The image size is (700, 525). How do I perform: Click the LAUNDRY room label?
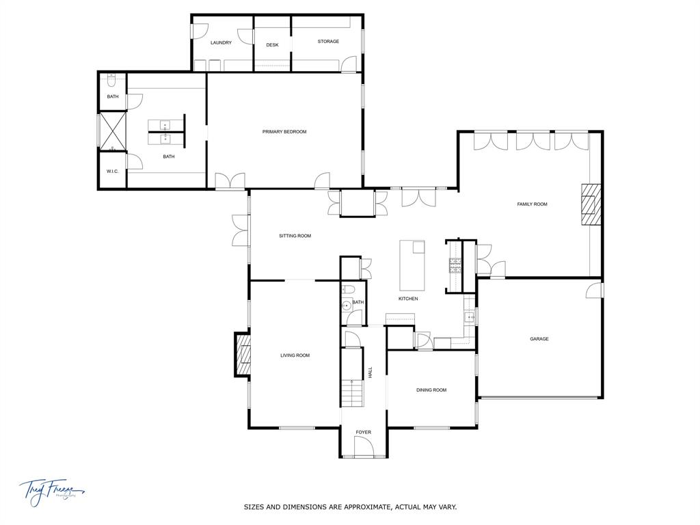tap(221, 42)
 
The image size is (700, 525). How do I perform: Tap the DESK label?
tap(273, 45)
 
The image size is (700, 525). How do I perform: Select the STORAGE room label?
tap(328, 42)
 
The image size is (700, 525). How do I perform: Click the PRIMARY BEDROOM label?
tap(284, 131)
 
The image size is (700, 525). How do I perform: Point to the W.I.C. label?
tap(113, 171)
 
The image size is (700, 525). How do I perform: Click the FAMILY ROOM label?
tap(532, 204)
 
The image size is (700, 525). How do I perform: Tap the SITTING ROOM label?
tap(295, 236)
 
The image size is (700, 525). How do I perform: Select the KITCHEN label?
tap(408, 299)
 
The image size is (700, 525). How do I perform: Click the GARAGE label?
tap(539, 338)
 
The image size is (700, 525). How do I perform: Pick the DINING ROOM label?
tap(431, 390)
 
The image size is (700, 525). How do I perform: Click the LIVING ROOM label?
tap(295, 355)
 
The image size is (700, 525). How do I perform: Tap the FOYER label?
tap(363, 433)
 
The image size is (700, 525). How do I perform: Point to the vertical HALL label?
tap(371, 373)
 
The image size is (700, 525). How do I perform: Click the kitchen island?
tap(412, 265)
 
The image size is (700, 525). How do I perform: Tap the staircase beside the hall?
tap(351, 394)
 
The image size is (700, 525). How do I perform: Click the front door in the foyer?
tap(363, 448)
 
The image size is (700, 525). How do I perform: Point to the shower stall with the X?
tap(113, 131)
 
